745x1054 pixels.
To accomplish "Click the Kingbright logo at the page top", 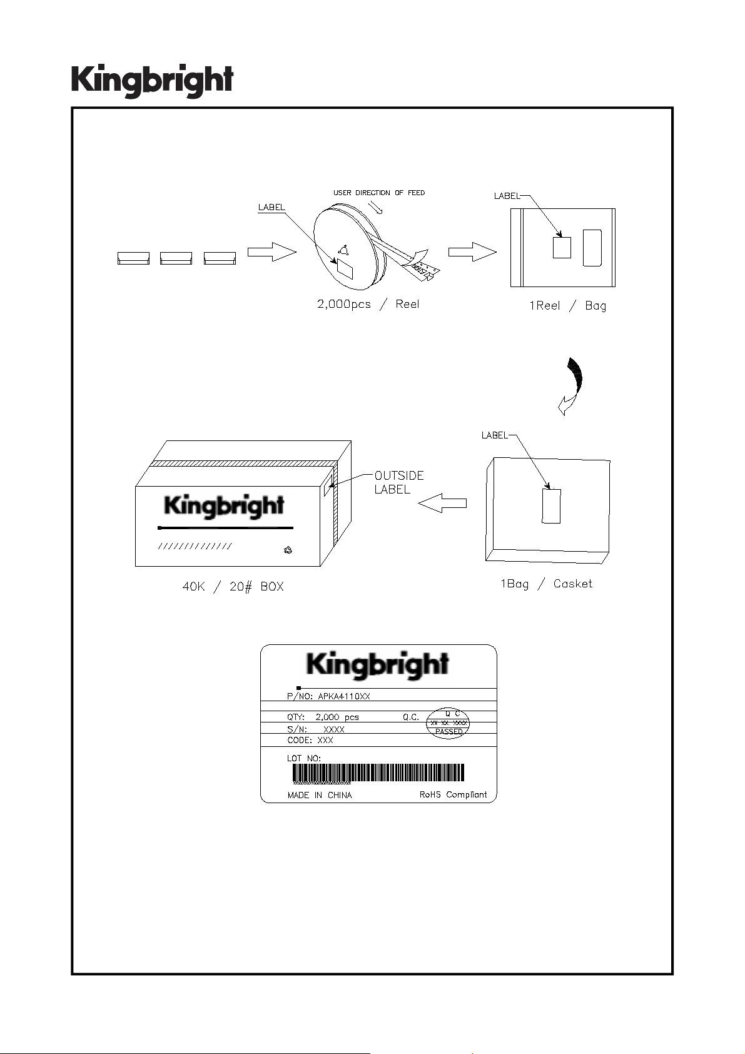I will (x=152, y=81).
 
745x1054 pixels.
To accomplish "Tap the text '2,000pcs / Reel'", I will (x=368, y=305).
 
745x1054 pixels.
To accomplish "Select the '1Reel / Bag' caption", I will (x=567, y=306).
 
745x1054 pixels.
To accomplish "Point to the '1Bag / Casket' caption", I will (x=545, y=584).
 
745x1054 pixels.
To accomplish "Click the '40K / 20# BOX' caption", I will (x=233, y=587).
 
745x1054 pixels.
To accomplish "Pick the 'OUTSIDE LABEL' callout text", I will (x=398, y=482).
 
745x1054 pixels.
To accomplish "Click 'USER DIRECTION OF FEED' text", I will (x=378, y=193).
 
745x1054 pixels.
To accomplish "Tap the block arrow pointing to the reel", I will (x=271, y=252).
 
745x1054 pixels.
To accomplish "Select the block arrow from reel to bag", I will (x=472, y=252).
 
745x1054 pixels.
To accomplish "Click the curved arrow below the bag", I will (x=572, y=385).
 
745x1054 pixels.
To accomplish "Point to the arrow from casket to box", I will (x=442, y=502).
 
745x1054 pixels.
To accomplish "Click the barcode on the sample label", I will (x=378, y=773).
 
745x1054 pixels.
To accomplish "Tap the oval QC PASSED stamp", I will (x=448, y=724).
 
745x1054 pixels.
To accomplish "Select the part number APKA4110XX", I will (x=344, y=696).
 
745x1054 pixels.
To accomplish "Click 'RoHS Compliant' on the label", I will (x=453, y=795).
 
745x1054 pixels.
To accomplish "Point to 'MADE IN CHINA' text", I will (x=319, y=796).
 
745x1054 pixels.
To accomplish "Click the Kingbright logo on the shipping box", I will (x=224, y=505).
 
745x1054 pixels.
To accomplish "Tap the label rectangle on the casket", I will (x=551, y=506).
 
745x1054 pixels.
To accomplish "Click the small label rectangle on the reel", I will (x=345, y=269).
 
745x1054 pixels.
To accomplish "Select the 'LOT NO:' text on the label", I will (x=304, y=758).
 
